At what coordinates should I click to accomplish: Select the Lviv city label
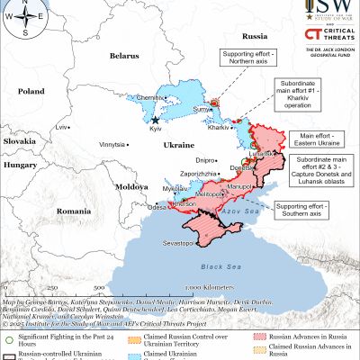(62, 128)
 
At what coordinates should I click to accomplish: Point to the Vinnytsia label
(112, 144)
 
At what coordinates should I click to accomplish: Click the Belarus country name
(125, 56)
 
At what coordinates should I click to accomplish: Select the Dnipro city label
(204, 160)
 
